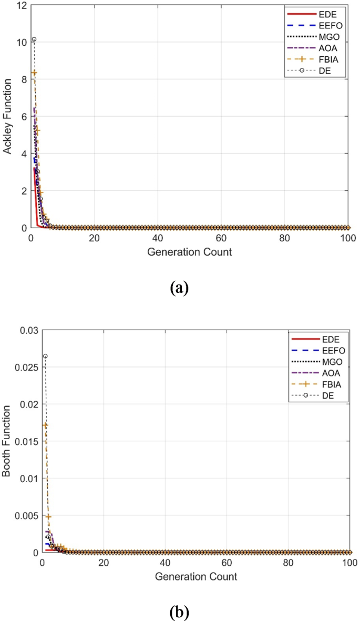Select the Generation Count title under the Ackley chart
coord(189,252)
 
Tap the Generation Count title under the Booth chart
coord(196,577)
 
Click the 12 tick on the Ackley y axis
coord(20,5)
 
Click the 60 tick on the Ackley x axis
coord(221,238)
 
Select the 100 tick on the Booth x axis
coord(349,563)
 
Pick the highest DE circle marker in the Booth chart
coord(45,356)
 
